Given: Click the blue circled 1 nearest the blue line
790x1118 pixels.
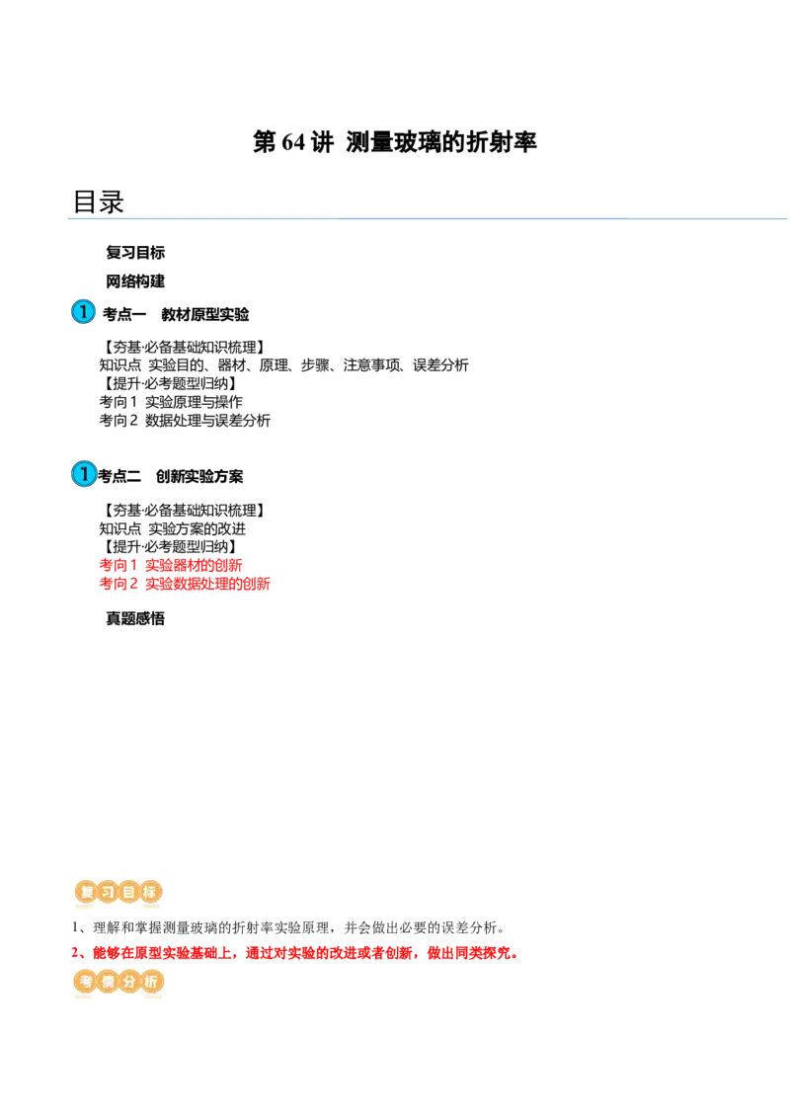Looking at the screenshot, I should pyautogui.click(x=84, y=312).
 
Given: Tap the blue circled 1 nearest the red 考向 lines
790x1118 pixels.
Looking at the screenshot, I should pyautogui.click(x=84, y=474).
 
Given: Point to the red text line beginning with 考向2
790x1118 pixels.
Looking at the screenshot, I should pyautogui.click(x=184, y=583).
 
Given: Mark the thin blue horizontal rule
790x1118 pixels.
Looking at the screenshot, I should pyautogui.click(x=444, y=217).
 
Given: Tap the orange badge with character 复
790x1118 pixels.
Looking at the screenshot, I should pyautogui.click(x=85, y=893).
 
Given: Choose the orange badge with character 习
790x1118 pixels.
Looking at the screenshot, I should pyautogui.click(x=107, y=893).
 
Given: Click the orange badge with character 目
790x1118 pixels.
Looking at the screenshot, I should pyautogui.click(x=128, y=893).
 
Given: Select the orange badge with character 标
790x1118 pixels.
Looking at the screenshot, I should pyautogui.click(x=150, y=893).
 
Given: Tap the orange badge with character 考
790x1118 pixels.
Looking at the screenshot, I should pyautogui.click(x=85, y=982).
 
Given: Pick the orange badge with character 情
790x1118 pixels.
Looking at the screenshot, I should pyautogui.click(x=107, y=982).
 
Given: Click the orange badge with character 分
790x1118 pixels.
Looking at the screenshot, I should pyautogui.click(x=128, y=982).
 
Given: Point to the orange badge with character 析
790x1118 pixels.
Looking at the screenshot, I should pyautogui.click(x=150, y=982).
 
